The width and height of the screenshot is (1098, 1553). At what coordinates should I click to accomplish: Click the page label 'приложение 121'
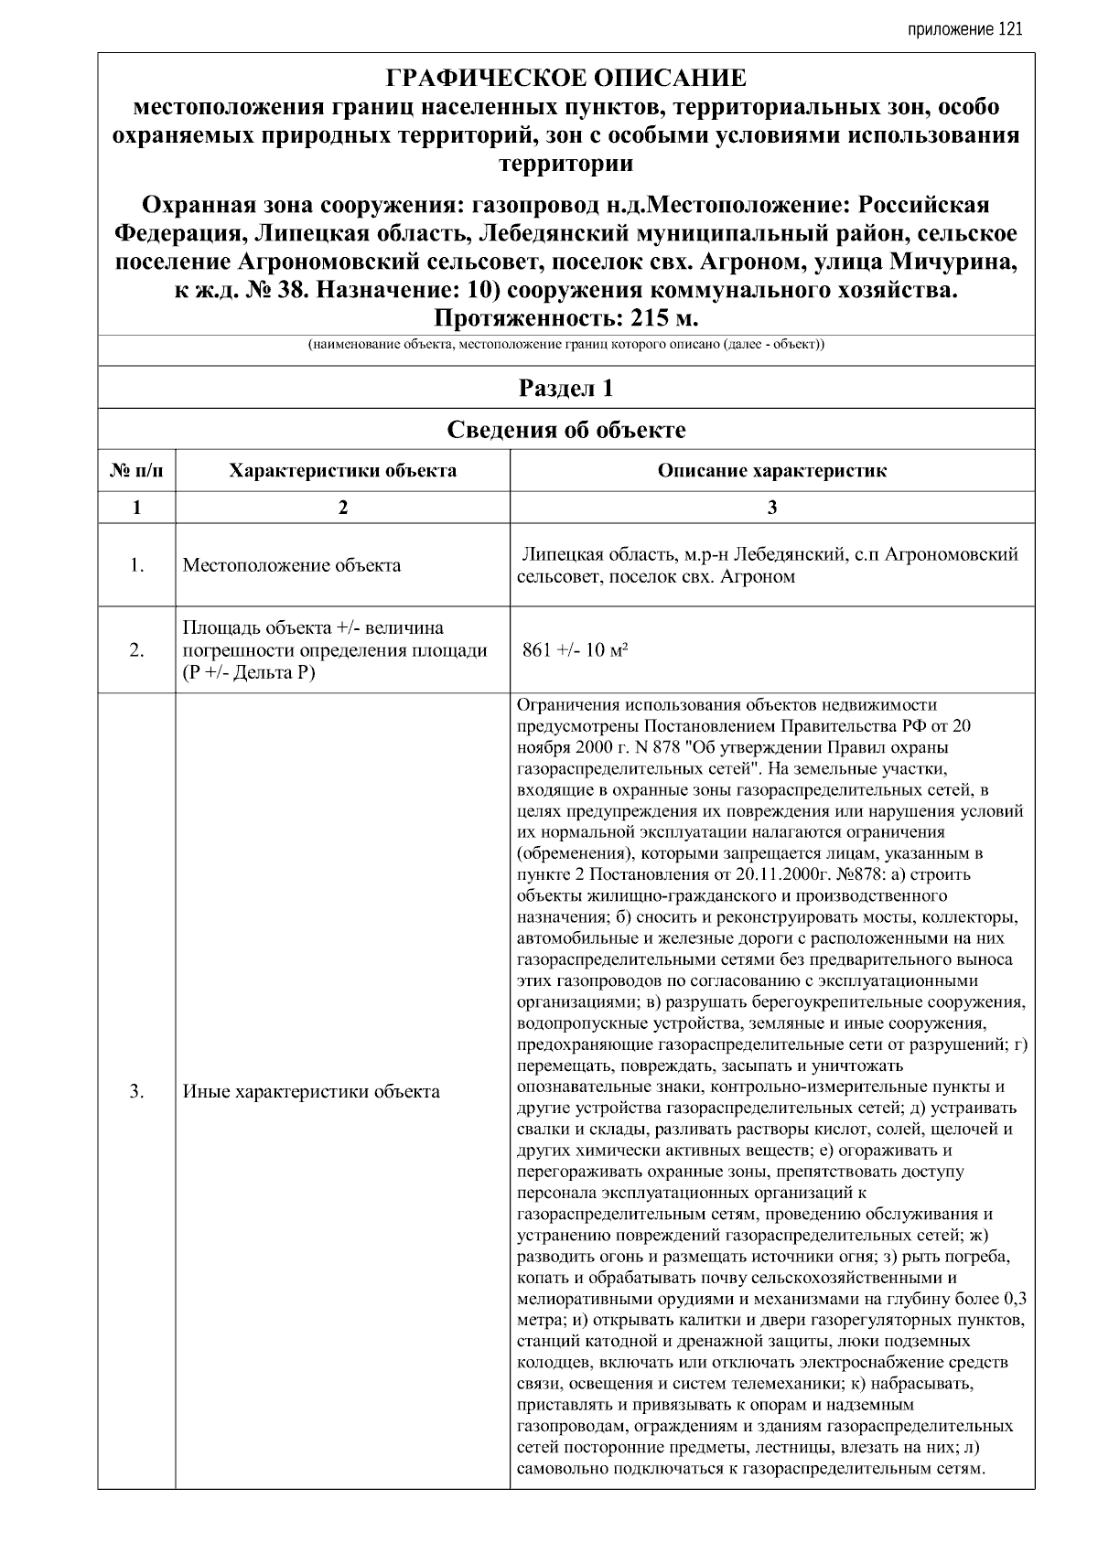[964, 29]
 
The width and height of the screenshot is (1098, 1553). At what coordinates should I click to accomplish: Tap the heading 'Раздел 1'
[565, 389]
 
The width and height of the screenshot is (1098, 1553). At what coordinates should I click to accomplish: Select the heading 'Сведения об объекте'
[565, 430]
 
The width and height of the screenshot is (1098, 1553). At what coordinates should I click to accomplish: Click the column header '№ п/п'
[136, 471]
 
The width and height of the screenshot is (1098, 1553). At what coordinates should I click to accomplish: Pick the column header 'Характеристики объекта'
[342, 471]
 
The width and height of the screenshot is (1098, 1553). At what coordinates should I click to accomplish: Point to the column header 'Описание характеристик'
[771, 471]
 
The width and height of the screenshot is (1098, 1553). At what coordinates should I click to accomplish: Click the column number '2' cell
[342, 508]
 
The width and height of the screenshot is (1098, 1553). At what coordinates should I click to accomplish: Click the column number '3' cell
[771, 508]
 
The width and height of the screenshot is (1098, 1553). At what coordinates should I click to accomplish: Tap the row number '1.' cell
[136, 565]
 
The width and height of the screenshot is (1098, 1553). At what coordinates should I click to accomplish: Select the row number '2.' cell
[136, 650]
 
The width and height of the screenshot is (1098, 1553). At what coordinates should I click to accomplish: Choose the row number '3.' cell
[136, 1091]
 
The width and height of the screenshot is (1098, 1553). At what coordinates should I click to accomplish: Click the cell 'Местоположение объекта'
[291, 565]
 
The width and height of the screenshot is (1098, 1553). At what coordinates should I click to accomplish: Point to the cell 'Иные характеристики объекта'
[311, 1091]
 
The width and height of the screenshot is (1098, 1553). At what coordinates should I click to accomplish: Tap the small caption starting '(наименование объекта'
[565, 346]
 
